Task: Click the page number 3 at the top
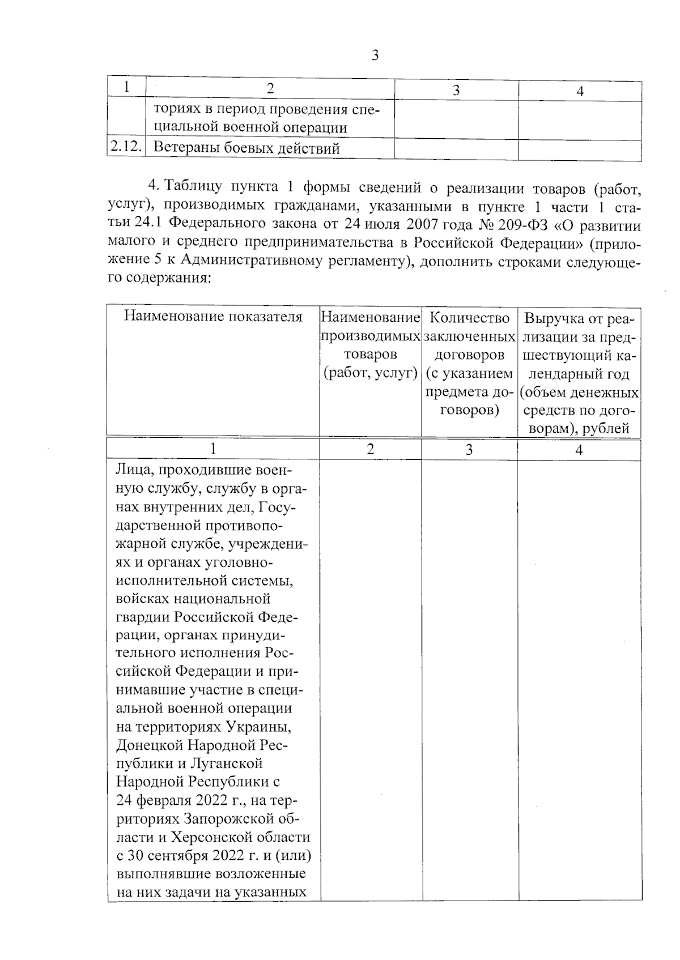375,55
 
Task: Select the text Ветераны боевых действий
247,149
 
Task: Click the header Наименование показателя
213,316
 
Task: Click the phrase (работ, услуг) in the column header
370,374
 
